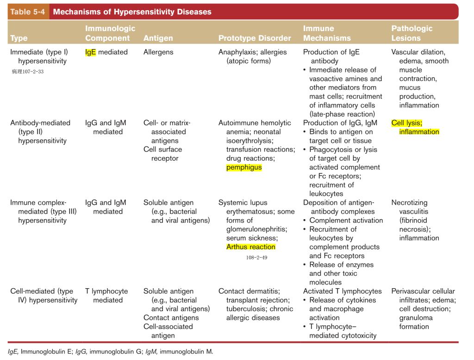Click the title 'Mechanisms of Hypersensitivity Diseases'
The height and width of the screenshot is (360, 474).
click(x=132, y=12)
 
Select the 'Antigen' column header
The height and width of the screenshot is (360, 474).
click(x=158, y=38)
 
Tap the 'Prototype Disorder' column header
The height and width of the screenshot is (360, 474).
click(x=255, y=38)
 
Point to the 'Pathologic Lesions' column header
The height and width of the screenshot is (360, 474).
click(x=412, y=33)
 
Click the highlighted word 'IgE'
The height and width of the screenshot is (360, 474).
click(x=90, y=52)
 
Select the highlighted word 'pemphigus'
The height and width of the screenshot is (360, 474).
click(x=244, y=167)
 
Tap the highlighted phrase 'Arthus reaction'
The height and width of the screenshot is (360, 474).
click(x=251, y=247)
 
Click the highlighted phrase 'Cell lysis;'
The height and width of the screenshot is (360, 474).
click(x=407, y=123)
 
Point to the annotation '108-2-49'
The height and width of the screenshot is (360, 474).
click(x=257, y=257)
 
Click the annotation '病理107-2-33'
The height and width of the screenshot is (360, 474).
click(x=28, y=71)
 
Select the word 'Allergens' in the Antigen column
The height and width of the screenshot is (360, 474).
click(x=158, y=52)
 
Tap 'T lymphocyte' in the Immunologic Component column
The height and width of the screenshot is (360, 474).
click(x=106, y=291)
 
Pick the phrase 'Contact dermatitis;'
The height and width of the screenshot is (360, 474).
click(x=249, y=291)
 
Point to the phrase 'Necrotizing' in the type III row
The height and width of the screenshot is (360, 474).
click(x=410, y=203)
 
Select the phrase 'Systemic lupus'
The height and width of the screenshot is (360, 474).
click(x=243, y=203)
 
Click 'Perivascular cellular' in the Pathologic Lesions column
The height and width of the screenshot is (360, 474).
click(x=423, y=291)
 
